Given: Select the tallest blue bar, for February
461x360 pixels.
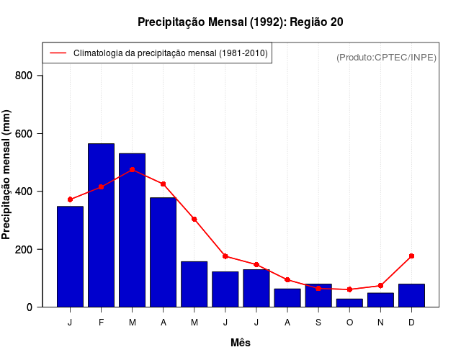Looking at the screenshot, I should (101, 225).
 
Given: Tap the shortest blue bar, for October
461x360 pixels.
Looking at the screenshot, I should (349, 302).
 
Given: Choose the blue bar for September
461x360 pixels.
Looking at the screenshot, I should (318, 295).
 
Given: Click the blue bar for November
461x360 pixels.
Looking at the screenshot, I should (380, 300).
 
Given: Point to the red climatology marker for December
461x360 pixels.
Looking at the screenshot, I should (411, 256).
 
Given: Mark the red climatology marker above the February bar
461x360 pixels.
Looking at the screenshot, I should (101, 187).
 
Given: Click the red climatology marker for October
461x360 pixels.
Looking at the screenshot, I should (349, 289).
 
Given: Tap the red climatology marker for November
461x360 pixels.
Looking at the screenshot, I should (380, 286).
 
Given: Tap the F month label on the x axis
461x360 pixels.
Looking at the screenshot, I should (101, 323).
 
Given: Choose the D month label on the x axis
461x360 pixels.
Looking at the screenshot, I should (411, 323).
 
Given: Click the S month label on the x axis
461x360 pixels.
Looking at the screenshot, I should (318, 323).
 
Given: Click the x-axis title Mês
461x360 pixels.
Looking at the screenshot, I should (241, 343).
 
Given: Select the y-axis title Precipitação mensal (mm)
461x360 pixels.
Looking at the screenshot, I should (7, 174).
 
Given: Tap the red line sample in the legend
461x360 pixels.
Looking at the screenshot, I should (58, 53).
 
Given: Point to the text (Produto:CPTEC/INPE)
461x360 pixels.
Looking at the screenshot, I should (386, 57).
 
